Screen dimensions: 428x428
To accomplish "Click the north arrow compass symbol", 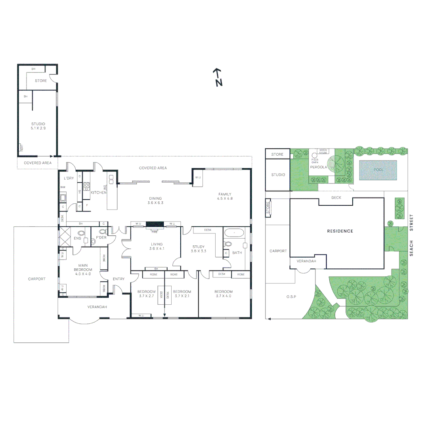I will pyautogui.click(x=218, y=77).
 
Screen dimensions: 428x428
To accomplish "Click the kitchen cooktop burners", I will pyautogui.click(x=86, y=186).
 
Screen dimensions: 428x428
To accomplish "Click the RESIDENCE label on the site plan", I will pyautogui.click(x=340, y=231).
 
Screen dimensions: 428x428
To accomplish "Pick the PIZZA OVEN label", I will pyautogui.click(x=315, y=160).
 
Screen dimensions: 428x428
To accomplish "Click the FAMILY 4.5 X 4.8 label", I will pyautogui.click(x=225, y=196).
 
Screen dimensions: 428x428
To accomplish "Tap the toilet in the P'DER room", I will pyautogui.click(x=103, y=232).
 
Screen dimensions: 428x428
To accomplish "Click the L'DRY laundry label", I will pyautogui.click(x=69, y=178).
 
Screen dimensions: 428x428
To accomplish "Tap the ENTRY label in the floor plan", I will pyautogui.click(x=118, y=279).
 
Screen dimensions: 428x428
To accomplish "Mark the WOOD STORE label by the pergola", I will pyautogui.click(x=323, y=151).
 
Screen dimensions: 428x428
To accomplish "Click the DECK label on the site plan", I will pyautogui.click(x=336, y=197).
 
